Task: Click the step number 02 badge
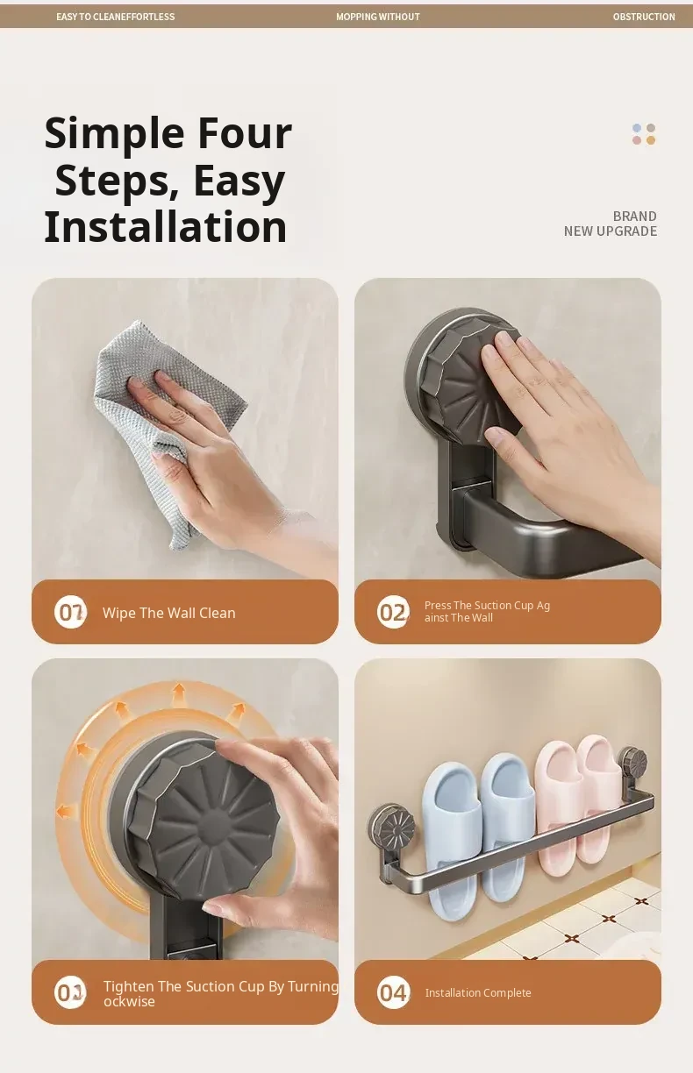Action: click(x=393, y=612)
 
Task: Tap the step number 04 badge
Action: click(x=393, y=992)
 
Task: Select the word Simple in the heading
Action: click(x=114, y=134)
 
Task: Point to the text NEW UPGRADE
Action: click(x=610, y=231)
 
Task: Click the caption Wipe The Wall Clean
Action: click(x=168, y=613)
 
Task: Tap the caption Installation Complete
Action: click(x=478, y=993)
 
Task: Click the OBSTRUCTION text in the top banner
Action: click(x=644, y=17)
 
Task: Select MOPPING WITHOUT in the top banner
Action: click(x=378, y=17)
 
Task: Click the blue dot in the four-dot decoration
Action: click(x=637, y=128)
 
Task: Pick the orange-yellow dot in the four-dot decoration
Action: click(x=650, y=140)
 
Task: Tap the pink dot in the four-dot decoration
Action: click(x=637, y=140)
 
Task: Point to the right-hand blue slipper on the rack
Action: click(x=508, y=824)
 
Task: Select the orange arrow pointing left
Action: click(x=66, y=812)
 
